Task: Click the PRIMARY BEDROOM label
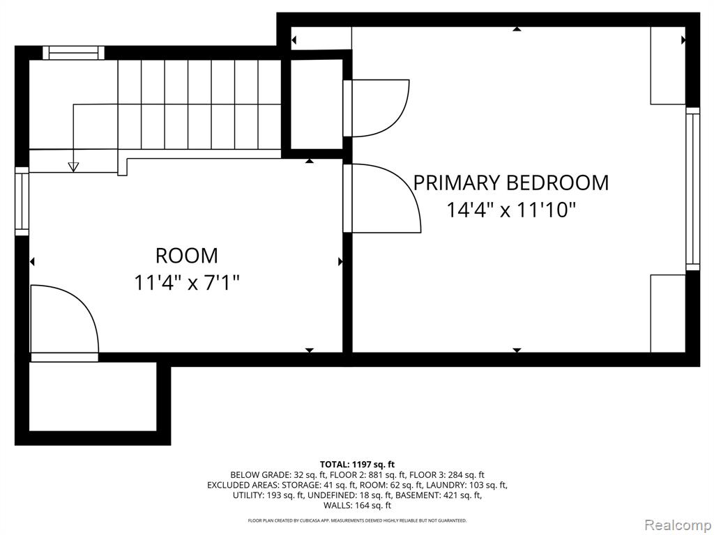click(511, 183)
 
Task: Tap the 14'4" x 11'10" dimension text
click(511, 210)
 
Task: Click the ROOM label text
click(187, 256)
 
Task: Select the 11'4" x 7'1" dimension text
click(187, 283)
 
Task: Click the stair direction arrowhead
click(73, 167)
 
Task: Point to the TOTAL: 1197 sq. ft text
click(357, 465)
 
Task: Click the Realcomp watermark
click(678, 525)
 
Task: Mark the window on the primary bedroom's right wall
click(692, 189)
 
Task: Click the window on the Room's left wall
click(22, 201)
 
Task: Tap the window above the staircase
click(73, 53)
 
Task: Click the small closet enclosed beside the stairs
click(317, 104)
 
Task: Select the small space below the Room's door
click(93, 396)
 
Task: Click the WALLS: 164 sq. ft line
click(357, 505)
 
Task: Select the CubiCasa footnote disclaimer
click(357, 520)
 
